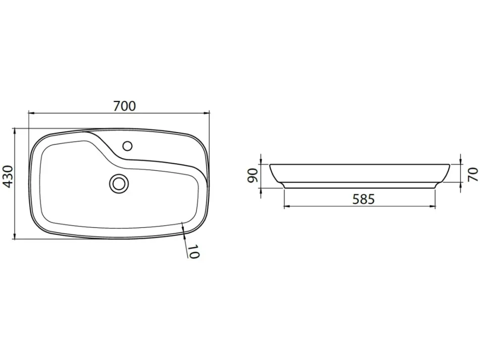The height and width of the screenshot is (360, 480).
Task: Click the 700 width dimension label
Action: coord(124,106)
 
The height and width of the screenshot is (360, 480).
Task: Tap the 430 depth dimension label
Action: coord(7,177)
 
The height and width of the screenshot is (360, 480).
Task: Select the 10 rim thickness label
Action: coord(193,252)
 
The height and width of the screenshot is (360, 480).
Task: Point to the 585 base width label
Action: coord(363,199)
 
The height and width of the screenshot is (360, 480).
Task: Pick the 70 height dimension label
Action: coord(473,174)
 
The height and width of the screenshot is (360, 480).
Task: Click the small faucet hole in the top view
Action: coord(127,146)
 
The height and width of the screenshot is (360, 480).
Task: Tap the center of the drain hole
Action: coord(119,184)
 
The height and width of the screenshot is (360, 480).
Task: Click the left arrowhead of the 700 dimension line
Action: coord(31,113)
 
